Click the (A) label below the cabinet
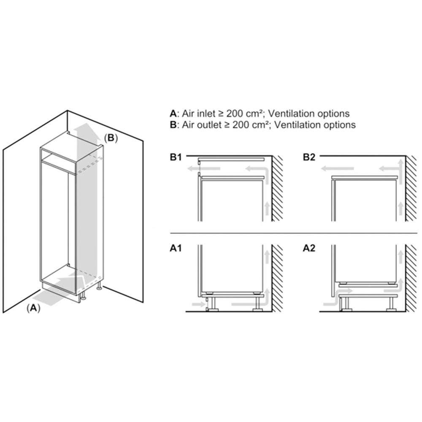click(33, 308)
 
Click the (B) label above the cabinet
click(111, 138)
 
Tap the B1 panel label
click(176, 157)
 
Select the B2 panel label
click(309, 157)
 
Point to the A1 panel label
click(176, 248)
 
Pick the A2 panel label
click(309, 248)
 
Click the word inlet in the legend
click(206, 114)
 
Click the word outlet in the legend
click(209, 125)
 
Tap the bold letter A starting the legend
click(173, 114)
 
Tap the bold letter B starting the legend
click(173, 125)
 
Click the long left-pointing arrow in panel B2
click(337, 169)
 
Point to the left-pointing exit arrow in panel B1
click(204, 169)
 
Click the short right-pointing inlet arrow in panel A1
click(199, 304)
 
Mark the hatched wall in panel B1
click(277, 188)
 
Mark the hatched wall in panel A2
click(411, 278)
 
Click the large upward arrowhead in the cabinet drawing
click(87, 128)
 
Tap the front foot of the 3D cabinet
click(83, 296)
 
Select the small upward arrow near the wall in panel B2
click(400, 208)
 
